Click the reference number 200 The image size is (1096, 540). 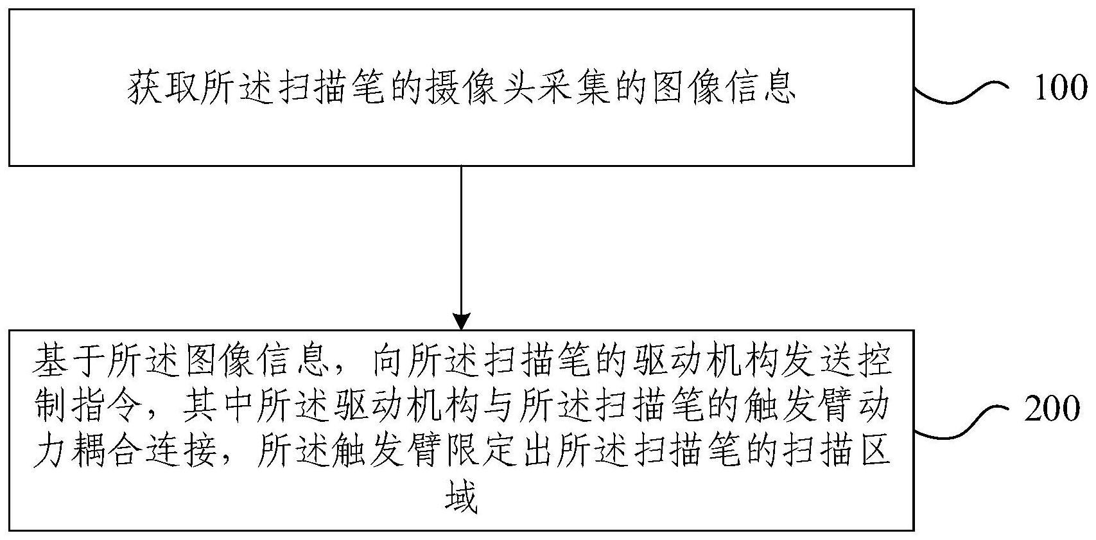pyautogui.click(x=1052, y=409)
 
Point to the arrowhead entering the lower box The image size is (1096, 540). pyautogui.click(x=462, y=322)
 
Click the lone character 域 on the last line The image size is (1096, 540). pyautogui.click(x=461, y=498)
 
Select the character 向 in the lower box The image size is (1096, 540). pyautogui.click(x=387, y=363)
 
